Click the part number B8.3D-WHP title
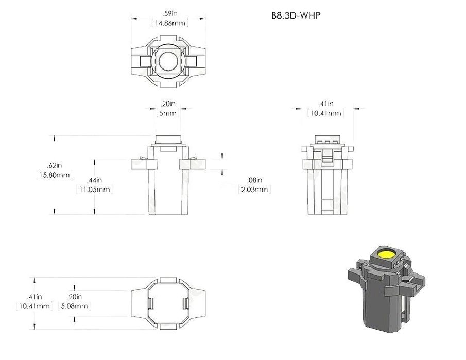point(296,15)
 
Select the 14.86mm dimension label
point(170,23)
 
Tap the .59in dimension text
point(170,14)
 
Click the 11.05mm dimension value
point(95,190)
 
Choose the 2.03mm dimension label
point(254,190)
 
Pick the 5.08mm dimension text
point(74,306)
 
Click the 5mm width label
point(168,113)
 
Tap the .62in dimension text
point(55,165)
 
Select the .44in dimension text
point(95,180)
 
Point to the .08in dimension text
point(254,180)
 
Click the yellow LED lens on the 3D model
point(385,254)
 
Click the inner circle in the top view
point(168,61)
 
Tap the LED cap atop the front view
point(168,140)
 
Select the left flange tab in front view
point(144,164)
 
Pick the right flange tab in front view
point(193,164)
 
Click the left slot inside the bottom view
point(151,303)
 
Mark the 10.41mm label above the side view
point(326,113)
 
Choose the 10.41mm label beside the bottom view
point(34,306)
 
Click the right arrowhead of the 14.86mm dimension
point(202,19)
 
